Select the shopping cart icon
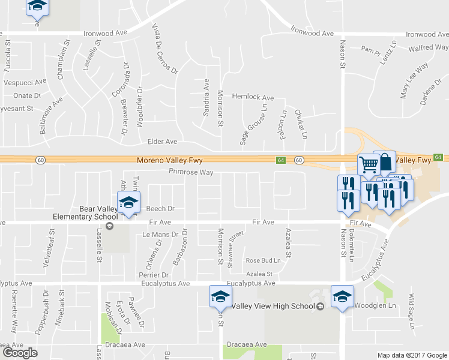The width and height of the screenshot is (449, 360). click(369, 163)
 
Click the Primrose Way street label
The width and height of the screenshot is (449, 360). click(191, 172)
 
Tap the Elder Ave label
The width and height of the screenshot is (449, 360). click(163, 142)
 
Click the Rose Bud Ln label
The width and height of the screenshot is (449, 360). click(263, 260)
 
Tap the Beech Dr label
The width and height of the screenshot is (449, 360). click(160, 209)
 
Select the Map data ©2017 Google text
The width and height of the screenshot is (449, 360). click(412, 355)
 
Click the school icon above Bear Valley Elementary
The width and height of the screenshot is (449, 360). click(128, 202)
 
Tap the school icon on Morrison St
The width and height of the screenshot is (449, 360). click(220, 296)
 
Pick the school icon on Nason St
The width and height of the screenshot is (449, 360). click(342, 295)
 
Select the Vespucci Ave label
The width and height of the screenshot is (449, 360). click(25, 82)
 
